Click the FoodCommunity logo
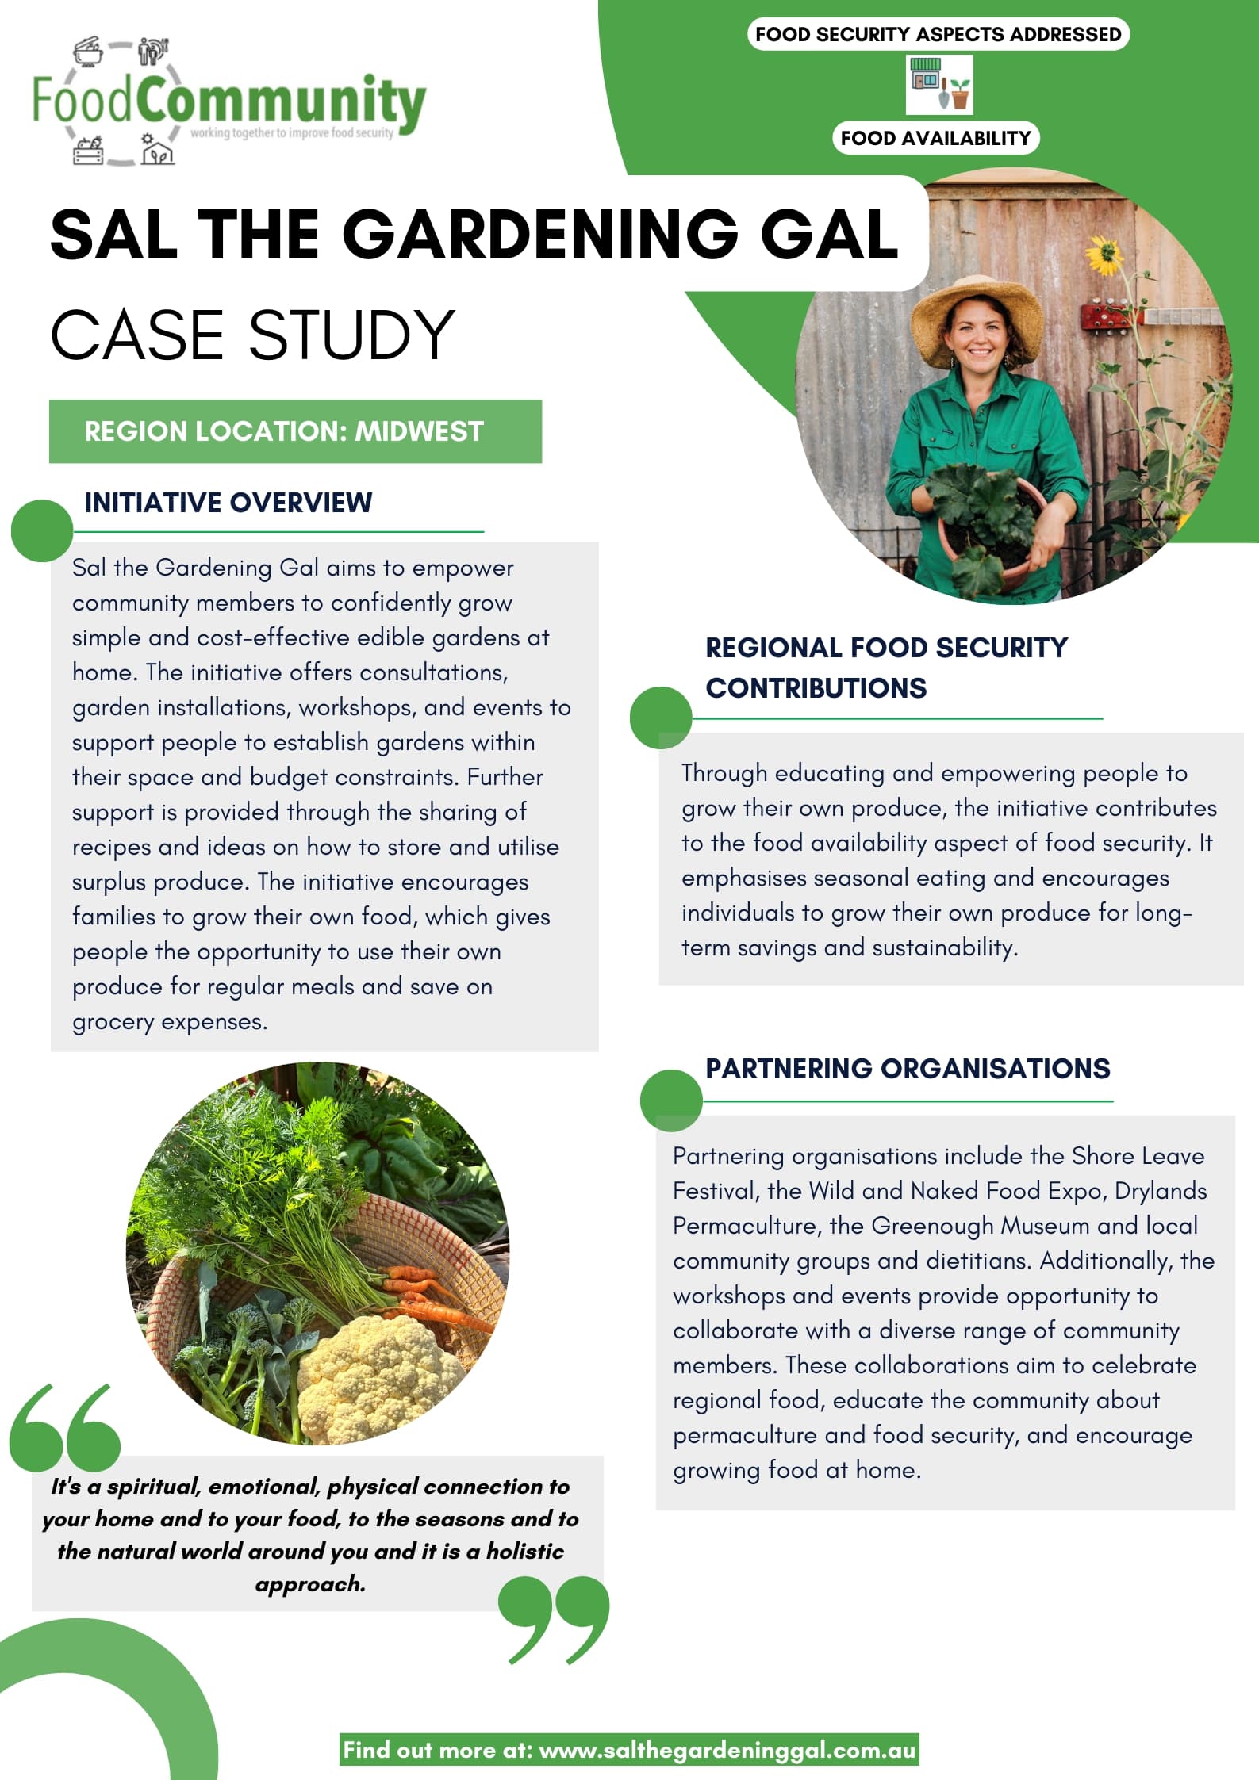tap(228, 102)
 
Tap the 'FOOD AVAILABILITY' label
tap(935, 138)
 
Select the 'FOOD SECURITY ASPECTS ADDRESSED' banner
tap(938, 34)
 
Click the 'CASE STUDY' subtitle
tap(252, 335)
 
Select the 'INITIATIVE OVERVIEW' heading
tap(228, 503)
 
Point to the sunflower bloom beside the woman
tap(1103, 255)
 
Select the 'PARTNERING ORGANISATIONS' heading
tap(908, 1069)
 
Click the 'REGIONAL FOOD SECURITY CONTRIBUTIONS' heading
tap(886, 668)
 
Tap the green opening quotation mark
tap(65, 1427)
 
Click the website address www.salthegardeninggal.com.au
tap(727, 1750)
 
